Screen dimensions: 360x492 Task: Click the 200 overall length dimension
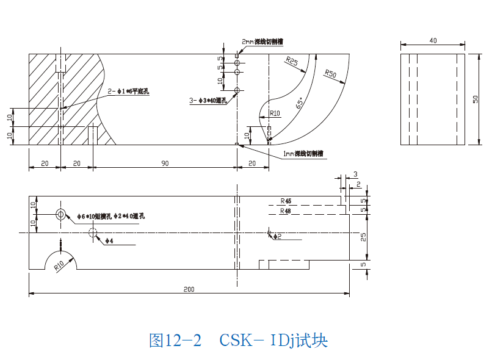tap(189, 289)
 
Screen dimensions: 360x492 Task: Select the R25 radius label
tap(291, 61)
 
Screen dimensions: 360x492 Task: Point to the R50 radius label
tap(331, 74)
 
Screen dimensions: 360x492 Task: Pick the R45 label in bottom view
tap(286, 201)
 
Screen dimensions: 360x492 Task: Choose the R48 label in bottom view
tap(286, 211)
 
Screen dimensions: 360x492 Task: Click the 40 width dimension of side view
tap(433, 40)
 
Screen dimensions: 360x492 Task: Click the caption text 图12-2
tap(175, 340)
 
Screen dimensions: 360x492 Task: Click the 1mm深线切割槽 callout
tap(303, 154)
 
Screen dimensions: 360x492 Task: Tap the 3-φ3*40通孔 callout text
tap(208, 100)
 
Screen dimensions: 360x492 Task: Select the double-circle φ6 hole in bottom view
tap(61, 214)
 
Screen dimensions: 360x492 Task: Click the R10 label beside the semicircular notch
tap(59, 265)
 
